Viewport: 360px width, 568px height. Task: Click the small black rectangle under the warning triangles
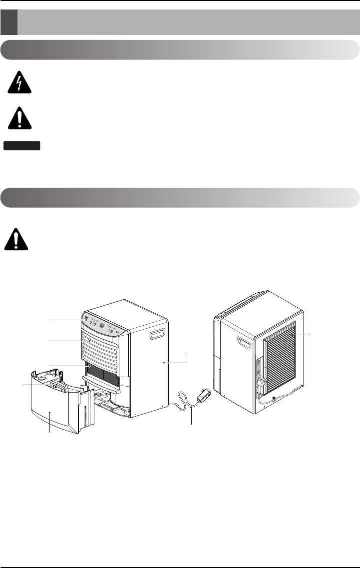pyautogui.click(x=22, y=145)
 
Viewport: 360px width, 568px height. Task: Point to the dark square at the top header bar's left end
pyautogui.click(x=9, y=23)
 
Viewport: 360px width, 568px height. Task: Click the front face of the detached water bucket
pyautogui.click(x=52, y=410)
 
